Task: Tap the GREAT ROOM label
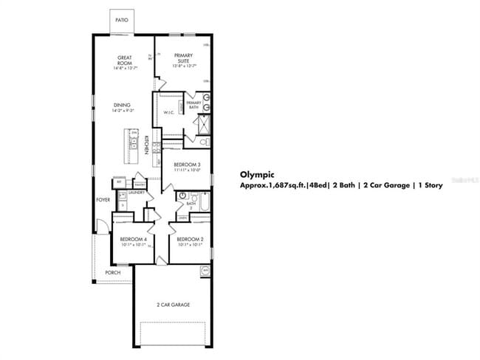[x=124, y=60]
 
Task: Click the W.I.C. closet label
[x=168, y=112]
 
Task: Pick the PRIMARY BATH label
[x=193, y=105]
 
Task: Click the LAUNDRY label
[x=136, y=193]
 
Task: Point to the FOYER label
[x=103, y=200]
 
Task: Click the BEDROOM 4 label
[x=134, y=239]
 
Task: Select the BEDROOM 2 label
[x=190, y=239]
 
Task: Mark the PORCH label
[x=112, y=272]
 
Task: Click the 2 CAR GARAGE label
[x=173, y=304]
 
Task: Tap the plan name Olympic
[x=258, y=175]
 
